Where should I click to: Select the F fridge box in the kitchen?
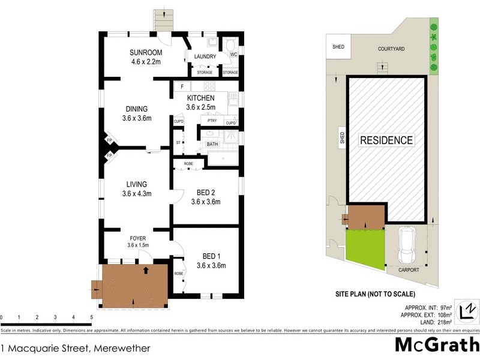pyautogui.click(x=181, y=87)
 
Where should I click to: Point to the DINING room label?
pyautogui.click(x=137, y=109)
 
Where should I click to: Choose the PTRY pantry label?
pyautogui.click(x=211, y=121)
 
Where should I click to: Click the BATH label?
pyautogui.click(x=212, y=144)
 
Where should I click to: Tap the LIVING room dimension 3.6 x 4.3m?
pyautogui.click(x=137, y=194)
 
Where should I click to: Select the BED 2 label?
pyautogui.click(x=206, y=193)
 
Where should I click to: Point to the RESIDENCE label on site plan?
pyautogui.click(x=386, y=140)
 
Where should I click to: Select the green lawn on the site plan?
pyautogui.click(x=365, y=248)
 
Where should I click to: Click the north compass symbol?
pyautogui.click(x=466, y=311)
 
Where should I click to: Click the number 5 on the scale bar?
pyautogui.click(x=91, y=317)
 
